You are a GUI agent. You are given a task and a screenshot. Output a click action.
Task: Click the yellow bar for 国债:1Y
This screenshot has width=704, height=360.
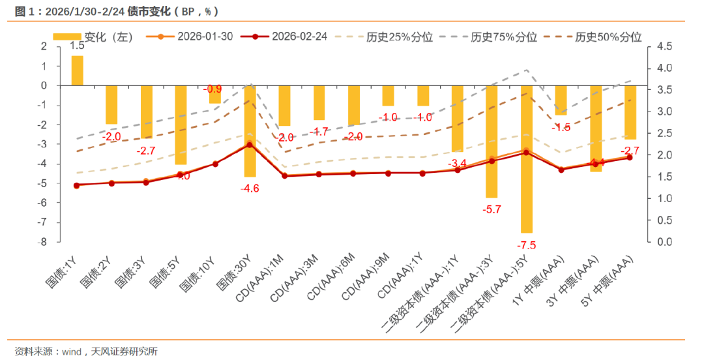coord(77,70)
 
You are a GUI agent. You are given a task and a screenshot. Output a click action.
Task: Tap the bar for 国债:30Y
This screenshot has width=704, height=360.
coord(250,130)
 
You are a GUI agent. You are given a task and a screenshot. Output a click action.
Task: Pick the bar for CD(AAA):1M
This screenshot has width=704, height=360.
coord(284,105)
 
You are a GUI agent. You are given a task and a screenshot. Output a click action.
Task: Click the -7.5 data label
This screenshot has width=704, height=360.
coord(527,245)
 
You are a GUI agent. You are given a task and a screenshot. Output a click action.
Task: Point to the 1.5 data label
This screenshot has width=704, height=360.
coord(77,46)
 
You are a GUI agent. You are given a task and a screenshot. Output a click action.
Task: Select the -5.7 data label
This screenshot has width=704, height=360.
coord(491,209)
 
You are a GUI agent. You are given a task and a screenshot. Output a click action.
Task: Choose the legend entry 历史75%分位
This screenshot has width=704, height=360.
coord(503,37)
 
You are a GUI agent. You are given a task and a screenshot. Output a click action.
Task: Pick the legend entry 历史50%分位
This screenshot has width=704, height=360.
coord(608,37)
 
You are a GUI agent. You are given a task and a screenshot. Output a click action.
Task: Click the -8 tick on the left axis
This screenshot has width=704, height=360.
coord(44,242)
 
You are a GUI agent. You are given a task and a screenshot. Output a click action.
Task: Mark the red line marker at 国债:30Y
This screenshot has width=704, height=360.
coord(250,145)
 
